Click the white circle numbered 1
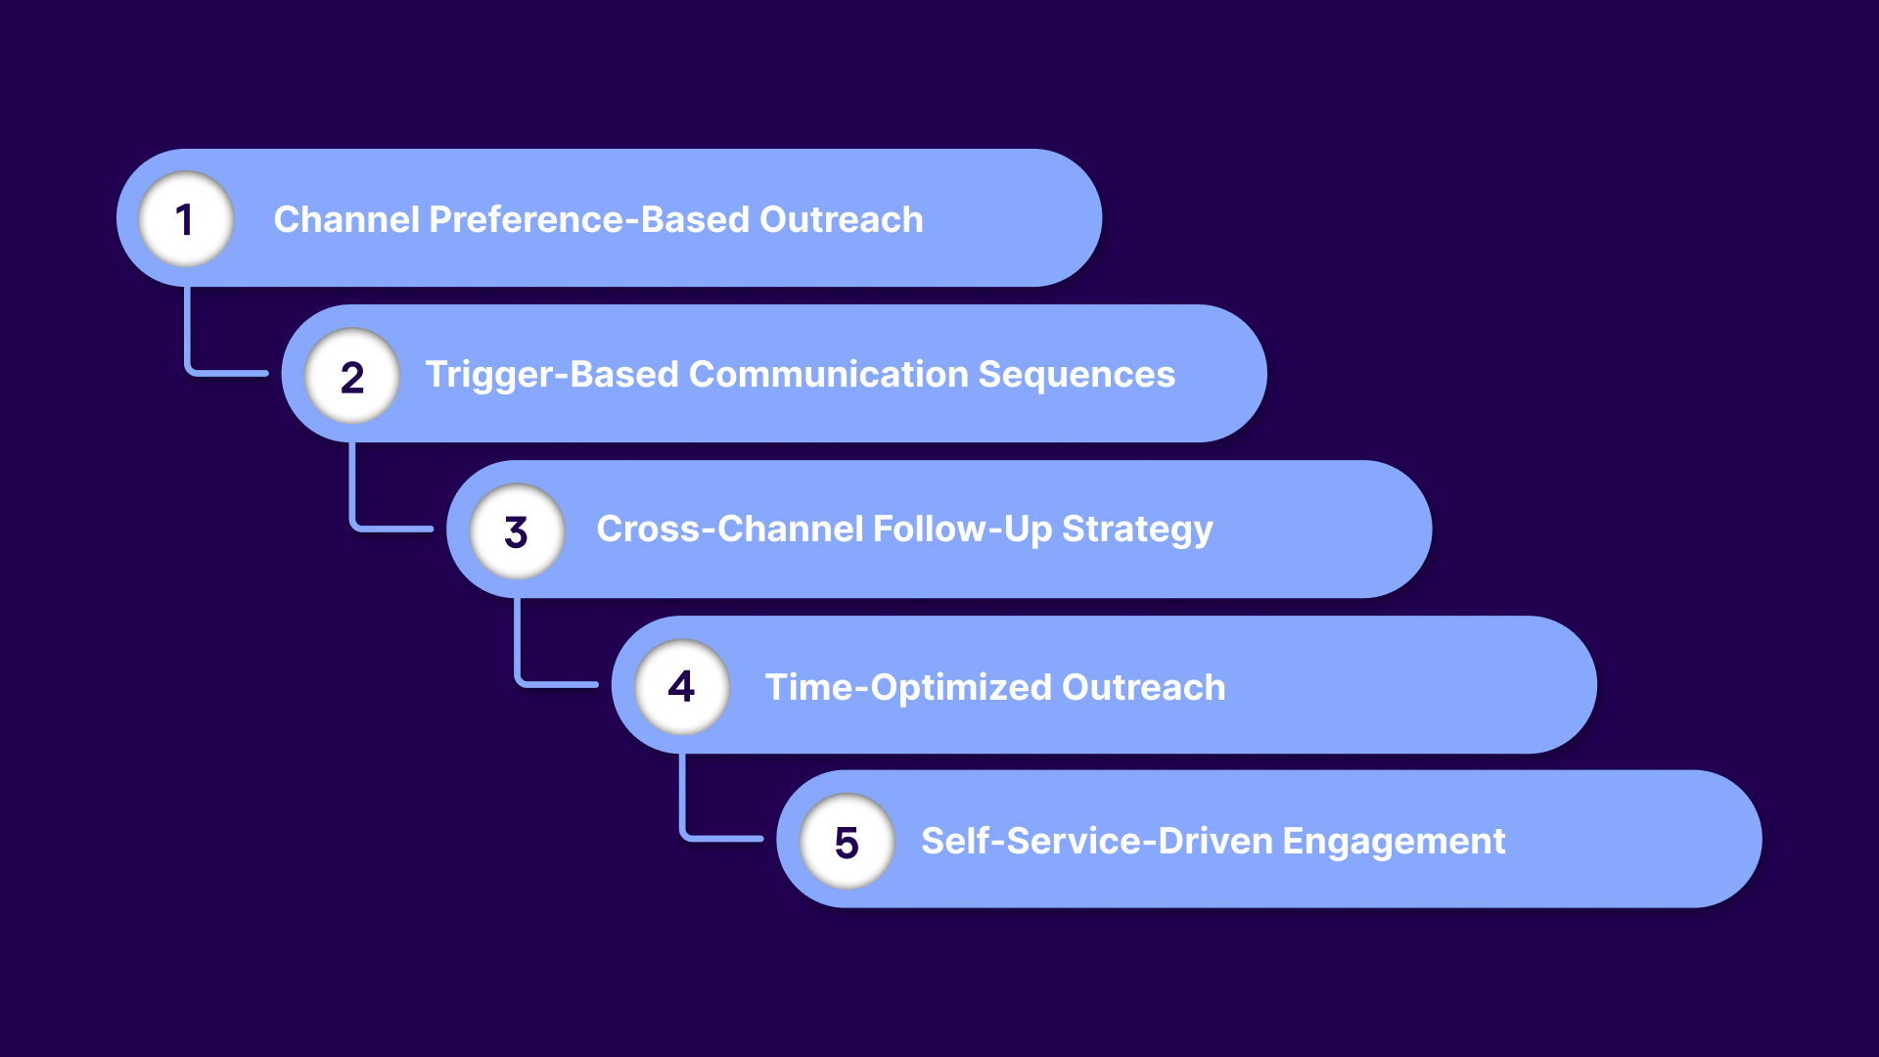click(x=185, y=219)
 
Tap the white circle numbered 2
click(x=351, y=376)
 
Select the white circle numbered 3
click(x=517, y=531)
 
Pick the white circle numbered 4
click(x=682, y=686)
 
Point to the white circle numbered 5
click(x=847, y=842)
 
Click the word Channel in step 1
click(x=345, y=219)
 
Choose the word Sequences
click(x=1077, y=375)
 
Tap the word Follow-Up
click(x=960, y=529)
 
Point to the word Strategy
click(x=1137, y=529)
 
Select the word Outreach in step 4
click(x=1143, y=687)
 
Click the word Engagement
click(x=1394, y=842)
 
